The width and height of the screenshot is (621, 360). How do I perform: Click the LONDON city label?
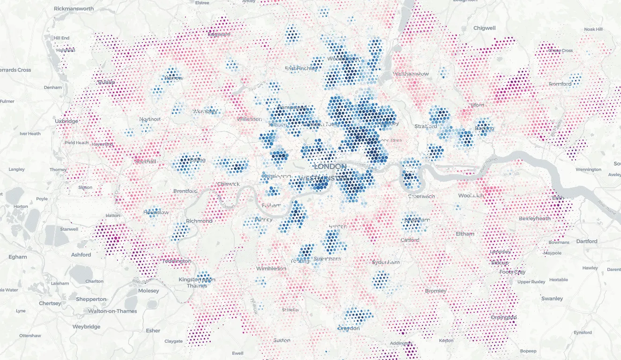tap(330, 167)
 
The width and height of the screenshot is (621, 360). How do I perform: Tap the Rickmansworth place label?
tap(74, 8)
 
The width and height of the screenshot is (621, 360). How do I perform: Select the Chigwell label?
tap(484, 28)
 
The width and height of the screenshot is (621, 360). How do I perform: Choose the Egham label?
tap(18, 257)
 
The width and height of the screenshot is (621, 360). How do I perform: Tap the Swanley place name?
tap(552, 299)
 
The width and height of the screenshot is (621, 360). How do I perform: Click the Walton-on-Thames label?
tap(112, 311)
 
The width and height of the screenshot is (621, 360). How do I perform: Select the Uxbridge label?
tap(67, 121)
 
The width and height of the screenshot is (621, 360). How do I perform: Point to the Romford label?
tap(560, 84)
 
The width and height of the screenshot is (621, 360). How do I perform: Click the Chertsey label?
tap(50, 303)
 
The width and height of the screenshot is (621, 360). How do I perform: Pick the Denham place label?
tap(52, 88)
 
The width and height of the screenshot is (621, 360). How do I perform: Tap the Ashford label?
tap(81, 255)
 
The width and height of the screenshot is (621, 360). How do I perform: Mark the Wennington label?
tap(588, 169)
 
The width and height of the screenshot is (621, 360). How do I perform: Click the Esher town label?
tap(153, 331)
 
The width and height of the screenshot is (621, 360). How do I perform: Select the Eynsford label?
tap(583, 332)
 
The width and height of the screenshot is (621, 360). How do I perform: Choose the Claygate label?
tap(173, 341)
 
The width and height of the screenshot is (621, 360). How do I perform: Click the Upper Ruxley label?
tap(531, 282)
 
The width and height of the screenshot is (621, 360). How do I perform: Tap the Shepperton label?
tap(91, 299)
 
